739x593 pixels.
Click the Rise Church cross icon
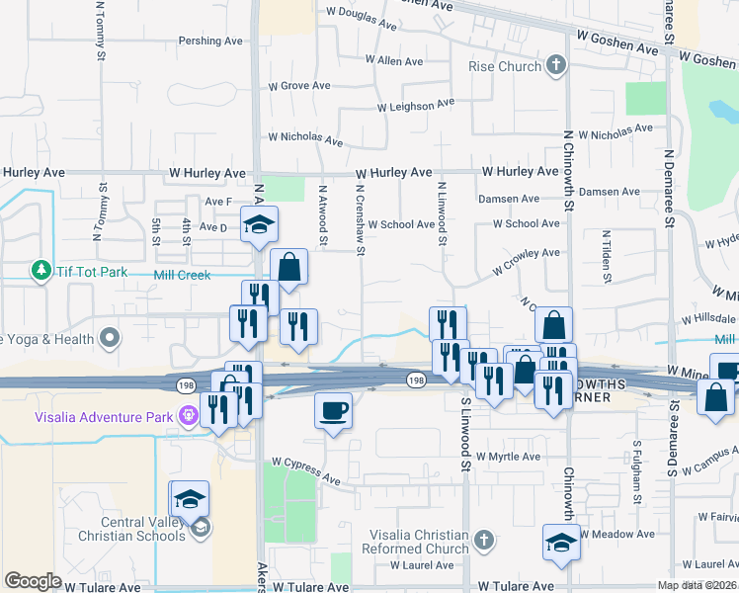tap(556, 66)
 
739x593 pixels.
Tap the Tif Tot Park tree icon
tap(41, 270)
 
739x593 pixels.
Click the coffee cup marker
tap(333, 409)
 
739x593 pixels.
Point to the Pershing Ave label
tap(210, 42)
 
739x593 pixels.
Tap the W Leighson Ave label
tap(415, 105)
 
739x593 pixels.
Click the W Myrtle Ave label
tap(509, 457)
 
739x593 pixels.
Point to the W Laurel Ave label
tap(423, 566)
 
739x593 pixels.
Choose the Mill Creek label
tap(183, 276)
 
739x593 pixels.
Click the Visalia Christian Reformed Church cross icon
tap(482, 541)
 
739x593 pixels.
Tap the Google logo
tap(33, 581)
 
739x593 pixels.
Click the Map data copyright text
tap(698, 585)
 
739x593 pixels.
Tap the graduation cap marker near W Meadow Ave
tap(561, 542)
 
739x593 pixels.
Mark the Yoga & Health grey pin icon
tap(110, 339)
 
